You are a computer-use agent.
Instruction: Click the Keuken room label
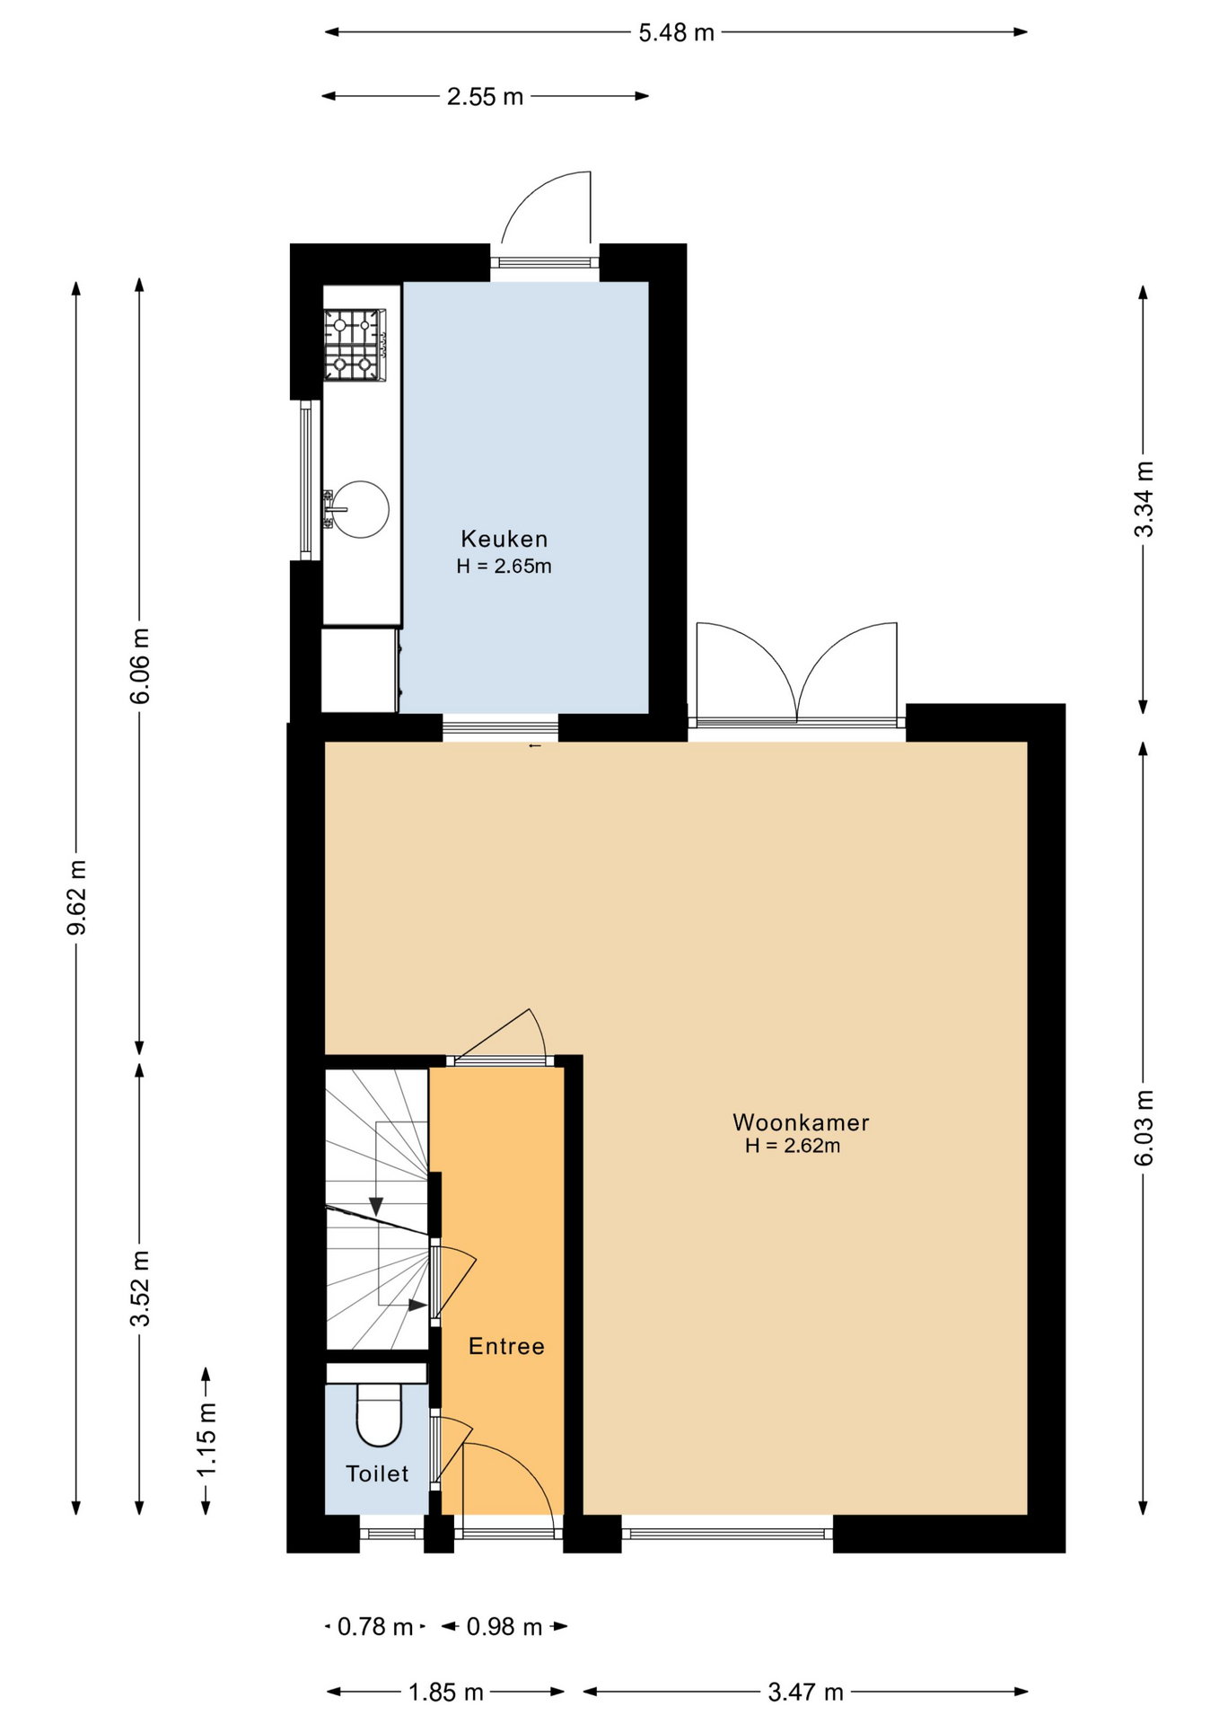click(x=504, y=539)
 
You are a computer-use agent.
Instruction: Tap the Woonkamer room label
click(x=801, y=1122)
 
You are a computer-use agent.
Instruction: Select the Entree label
click(x=506, y=1346)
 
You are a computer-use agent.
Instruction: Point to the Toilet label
click(x=377, y=1473)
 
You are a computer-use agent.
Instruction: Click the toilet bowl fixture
click(x=379, y=1414)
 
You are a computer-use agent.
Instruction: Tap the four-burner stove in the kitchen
click(x=355, y=344)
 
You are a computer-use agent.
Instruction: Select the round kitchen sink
click(x=360, y=509)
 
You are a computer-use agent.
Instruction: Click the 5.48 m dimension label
click(x=676, y=33)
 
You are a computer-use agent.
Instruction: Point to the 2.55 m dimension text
click(x=485, y=97)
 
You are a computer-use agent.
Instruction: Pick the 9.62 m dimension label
click(x=77, y=897)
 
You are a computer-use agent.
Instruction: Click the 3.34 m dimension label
click(x=1144, y=499)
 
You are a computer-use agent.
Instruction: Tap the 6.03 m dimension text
click(x=1144, y=1128)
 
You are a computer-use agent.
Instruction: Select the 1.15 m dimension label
click(x=206, y=1438)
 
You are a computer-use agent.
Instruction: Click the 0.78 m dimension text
click(x=375, y=1626)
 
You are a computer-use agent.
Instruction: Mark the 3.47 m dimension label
click(x=805, y=1693)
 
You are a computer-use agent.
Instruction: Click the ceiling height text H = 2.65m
click(x=504, y=567)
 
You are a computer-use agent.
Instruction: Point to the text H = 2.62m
click(x=793, y=1146)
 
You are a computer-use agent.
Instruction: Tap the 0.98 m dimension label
click(x=504, y=1626)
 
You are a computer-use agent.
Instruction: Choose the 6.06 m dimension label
click(x=140, y=666)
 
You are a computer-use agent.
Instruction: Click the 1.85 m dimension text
click(x=446, y=1693)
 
